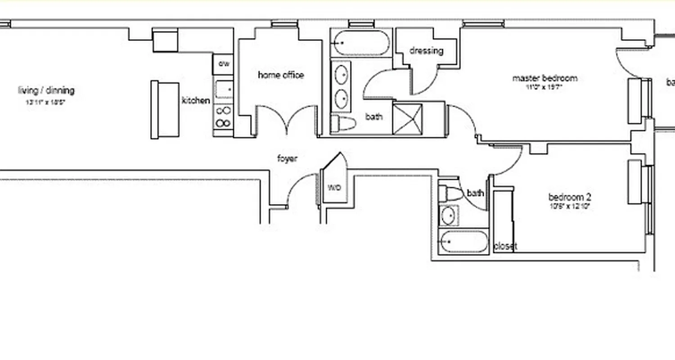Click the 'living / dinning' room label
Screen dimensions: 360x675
pos(46,90)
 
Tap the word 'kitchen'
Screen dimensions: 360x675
pos(196,100)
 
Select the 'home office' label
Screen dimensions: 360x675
pos(281,75)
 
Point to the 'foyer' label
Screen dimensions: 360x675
pos(287,158)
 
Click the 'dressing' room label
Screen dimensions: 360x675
pos(426,51)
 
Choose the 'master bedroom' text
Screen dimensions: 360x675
pos(544,78)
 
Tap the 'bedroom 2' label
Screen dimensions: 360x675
pos(569,197)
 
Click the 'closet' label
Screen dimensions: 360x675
pos(505,246)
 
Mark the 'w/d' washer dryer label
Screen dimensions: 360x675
pos(334,187)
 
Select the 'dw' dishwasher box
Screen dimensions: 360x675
pos(224,64)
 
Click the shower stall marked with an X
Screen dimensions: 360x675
pos(407,119)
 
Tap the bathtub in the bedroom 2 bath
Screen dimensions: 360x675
pos(463,242)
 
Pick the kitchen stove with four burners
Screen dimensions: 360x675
pos(223,117)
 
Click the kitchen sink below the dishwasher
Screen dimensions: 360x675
pos(224,90)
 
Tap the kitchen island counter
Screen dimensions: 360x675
pos(165,110)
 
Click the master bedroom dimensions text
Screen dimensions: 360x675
pos(544,87)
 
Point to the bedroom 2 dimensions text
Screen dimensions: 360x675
pos(569,207)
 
